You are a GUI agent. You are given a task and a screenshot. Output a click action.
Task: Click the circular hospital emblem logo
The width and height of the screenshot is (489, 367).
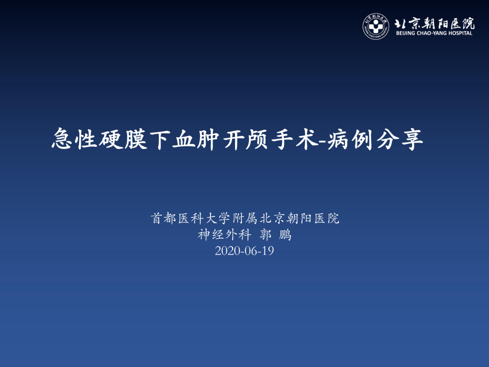(376, 26)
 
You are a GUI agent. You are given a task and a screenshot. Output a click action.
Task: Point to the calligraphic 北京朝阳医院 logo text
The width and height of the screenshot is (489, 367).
(434, 23)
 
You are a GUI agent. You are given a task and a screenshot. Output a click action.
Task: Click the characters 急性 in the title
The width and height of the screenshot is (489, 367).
(74, 139)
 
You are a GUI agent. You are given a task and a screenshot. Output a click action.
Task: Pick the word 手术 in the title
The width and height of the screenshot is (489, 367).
(295, 139)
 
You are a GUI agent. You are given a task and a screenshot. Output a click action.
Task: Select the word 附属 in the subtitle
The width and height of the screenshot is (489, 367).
(245, 218)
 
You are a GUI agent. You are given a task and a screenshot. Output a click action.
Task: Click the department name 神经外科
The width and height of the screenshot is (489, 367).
(224, 234)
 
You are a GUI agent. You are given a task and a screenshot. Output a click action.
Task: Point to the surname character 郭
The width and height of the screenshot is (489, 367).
(266, 234)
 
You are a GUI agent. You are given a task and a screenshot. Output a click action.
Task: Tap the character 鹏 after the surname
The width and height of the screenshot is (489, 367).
(285, 234)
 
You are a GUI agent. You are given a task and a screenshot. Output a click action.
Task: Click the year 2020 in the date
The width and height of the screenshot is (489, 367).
(228, 251)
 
